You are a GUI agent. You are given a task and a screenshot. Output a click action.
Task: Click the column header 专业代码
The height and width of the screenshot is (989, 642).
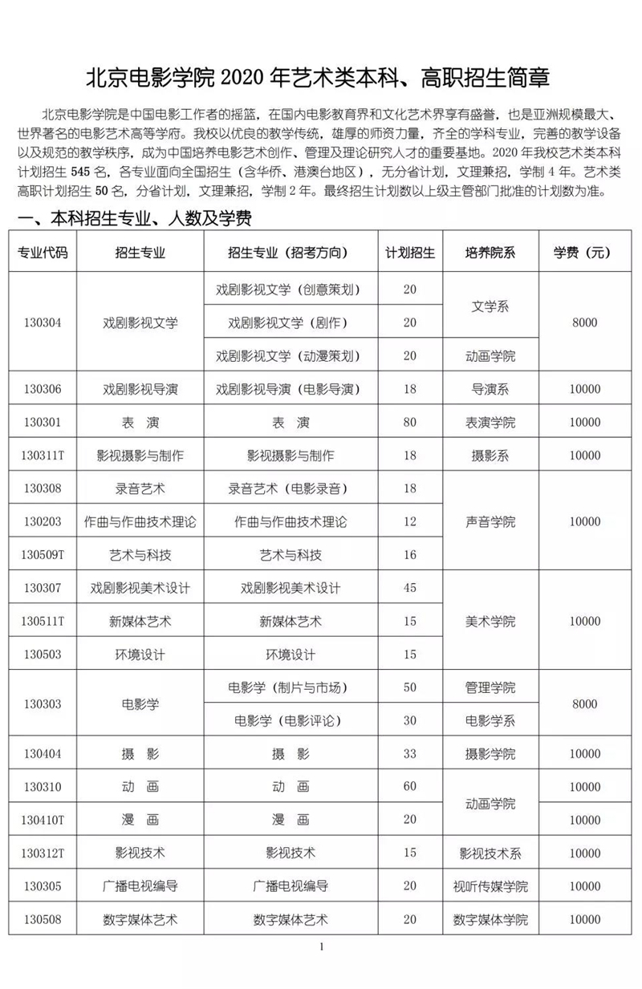(x=43, y=252)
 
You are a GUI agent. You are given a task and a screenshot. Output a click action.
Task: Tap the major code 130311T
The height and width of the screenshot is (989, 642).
(x=43, y=456)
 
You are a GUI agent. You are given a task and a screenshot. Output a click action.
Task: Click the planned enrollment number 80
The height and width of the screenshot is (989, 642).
(x=410, y=422)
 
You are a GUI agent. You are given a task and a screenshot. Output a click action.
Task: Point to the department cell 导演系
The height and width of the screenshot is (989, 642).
(x=490, y=389)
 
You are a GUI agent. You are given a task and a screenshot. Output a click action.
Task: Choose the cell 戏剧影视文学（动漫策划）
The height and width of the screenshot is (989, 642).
(x=291, y=355)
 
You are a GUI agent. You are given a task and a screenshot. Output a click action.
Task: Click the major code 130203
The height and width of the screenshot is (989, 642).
(x=43, y=521)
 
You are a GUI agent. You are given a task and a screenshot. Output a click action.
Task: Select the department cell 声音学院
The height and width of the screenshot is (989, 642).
(x=490, y=521)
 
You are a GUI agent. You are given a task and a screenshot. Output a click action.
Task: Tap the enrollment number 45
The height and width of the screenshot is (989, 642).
(x=410, y=588)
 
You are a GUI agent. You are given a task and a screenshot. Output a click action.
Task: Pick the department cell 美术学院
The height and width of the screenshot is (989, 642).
(x=490, y=621)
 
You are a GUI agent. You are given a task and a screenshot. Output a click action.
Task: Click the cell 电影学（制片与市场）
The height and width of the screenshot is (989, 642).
(x=291, y=687)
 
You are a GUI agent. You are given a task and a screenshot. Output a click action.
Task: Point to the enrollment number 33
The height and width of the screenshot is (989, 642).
(x=410, y=753)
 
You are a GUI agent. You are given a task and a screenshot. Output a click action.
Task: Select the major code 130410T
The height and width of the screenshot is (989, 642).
(x=43, y=820)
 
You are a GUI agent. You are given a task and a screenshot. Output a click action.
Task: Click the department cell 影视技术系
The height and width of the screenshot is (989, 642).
(x=490, y=853)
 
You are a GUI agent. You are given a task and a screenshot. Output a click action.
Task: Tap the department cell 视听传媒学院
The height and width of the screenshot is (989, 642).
(x=490, y=886)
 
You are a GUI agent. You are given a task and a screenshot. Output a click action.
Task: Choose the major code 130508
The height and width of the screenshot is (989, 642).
(x=43, y=919)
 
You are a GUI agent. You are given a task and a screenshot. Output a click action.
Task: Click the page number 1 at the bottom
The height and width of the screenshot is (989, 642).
(x=321, y=947)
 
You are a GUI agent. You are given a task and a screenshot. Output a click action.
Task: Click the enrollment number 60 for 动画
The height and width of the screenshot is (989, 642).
(x=410, y=786)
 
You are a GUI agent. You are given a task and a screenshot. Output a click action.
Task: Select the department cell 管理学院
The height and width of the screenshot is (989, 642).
(x=490, y=687)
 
